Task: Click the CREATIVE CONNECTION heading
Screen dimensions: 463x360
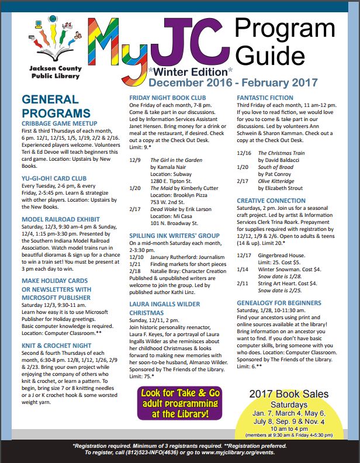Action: pos(271,201)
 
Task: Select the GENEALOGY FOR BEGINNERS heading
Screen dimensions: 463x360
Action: pos(279,303)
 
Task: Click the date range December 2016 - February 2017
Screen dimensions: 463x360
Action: pos(234,82)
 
